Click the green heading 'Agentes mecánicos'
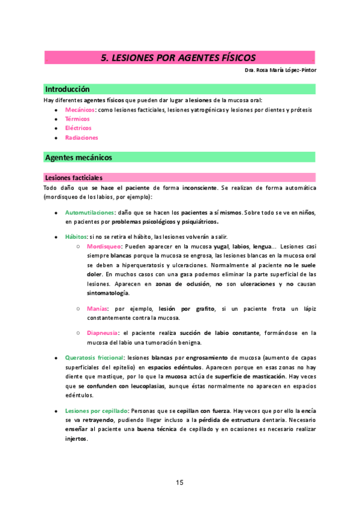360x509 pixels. [x=78, y=157]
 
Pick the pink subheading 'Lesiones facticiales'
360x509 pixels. [x=73, y=178]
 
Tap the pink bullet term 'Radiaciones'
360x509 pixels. [x=81, y=137]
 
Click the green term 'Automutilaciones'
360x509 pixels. [x=89, y=213]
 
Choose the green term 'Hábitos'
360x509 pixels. [x=76, y=236]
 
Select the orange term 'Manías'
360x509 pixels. [x=97, y=309]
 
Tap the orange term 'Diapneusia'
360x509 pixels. [x=102, y=333]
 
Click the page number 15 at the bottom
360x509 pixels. [x=179, y=482]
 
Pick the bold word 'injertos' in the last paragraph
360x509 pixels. [x=76, y=438]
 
